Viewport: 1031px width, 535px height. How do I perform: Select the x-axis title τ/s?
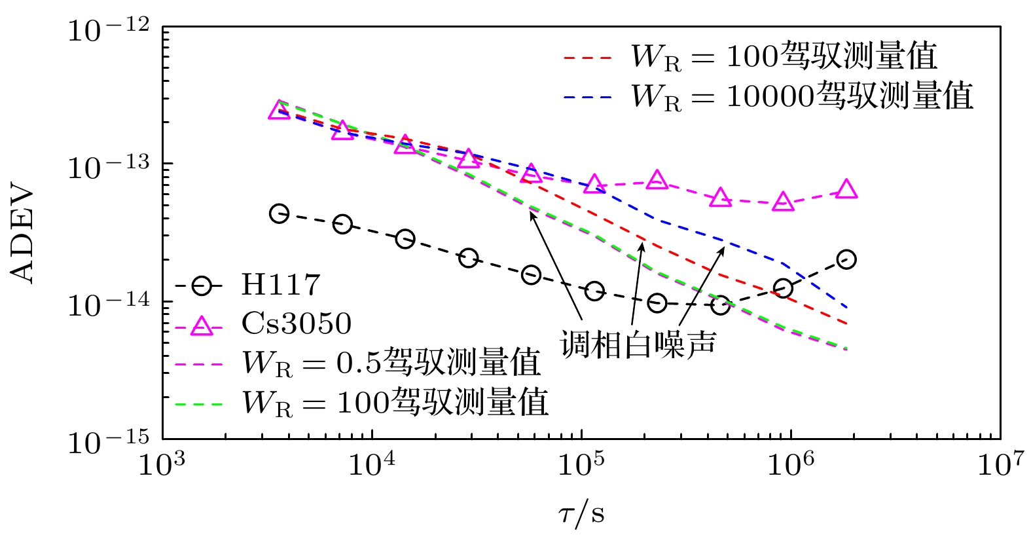click(x=581, y=514)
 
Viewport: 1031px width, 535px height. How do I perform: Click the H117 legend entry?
click(x=281, y=285)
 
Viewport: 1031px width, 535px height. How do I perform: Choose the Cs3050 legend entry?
click(x=297, y=323)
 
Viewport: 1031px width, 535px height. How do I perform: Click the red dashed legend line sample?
click(x=587, y=58)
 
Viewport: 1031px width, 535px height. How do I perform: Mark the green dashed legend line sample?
click(x=200, y=403)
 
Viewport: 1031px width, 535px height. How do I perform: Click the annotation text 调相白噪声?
click(x=638, y=344)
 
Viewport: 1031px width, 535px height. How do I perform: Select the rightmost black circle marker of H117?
click(x=846, y=259)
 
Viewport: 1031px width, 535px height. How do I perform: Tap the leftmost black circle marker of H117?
click(x=280, y=213)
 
